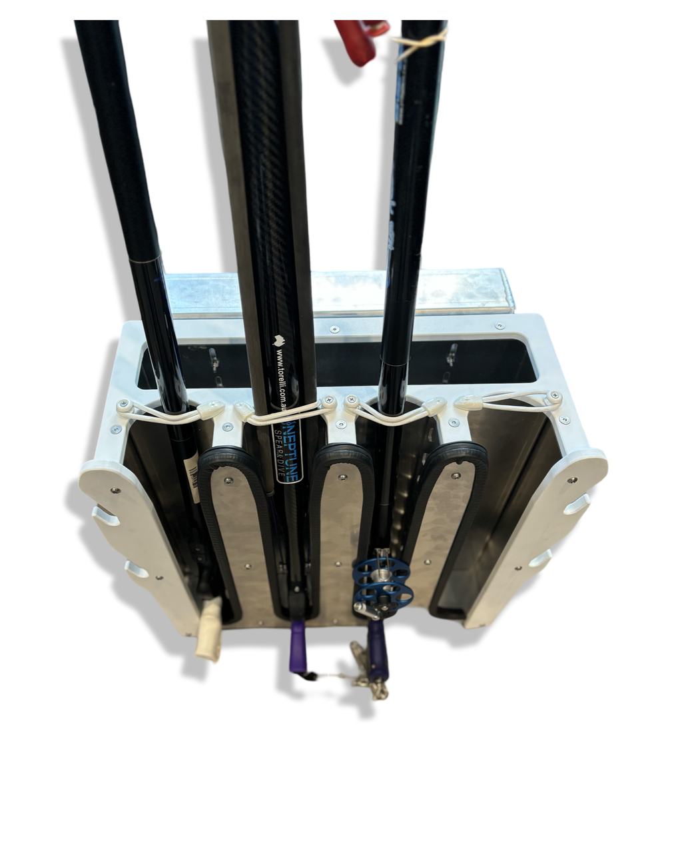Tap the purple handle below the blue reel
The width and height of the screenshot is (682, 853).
coord(379,650)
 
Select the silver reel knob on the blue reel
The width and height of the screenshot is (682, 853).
coord(364,608)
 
